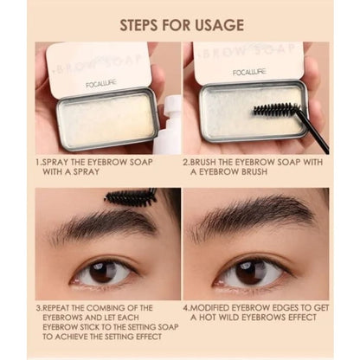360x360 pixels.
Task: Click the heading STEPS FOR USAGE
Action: pyautogui.click(x=182, y=25)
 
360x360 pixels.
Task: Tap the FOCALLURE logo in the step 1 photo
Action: pyautogui.click(x=101, y=84)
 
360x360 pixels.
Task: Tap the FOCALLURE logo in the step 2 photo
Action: pyautogui.click(x=249, y=72)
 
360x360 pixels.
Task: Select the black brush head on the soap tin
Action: pyautogui.click(x=277, y=109)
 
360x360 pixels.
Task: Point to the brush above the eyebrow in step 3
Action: pyautogui.click(x=132, y=196)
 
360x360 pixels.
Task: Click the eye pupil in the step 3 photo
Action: pyautogui.click(x=103, y=272)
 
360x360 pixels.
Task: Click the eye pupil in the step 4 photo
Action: pyautogui.click(x=250, y=271)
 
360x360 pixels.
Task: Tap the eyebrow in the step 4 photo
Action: pyautogui.click(x=251, y=215)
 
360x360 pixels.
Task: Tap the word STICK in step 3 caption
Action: pyautogui.click(x=87, y=327)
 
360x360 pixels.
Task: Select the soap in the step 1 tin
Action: pyautogui.click(x=106, y=120)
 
